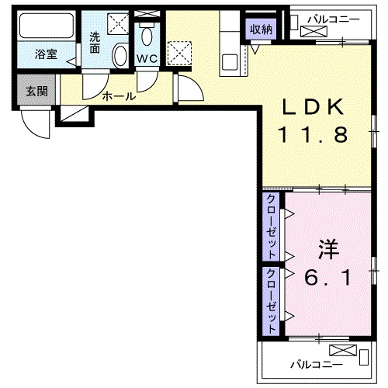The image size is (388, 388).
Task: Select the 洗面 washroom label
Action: pyautogui.click(x=95, y=42)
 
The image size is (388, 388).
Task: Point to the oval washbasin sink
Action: pyautogui.click(x=120, y=56)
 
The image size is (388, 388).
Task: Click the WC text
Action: pyautogui.click(x=147, y=60)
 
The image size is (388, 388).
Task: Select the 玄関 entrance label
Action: pyautogui.click(x=36, y=91)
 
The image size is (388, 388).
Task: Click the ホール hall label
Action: pyautogui.click(x=119, y=96)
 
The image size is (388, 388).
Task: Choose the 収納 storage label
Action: pyautogui.click(x=260, y=29)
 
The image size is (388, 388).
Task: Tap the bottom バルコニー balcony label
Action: pyautogui.click(x=314, y=362)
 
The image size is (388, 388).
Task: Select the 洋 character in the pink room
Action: pyautogui.click(x=329, y=251)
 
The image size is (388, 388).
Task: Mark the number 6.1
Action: pyautogui.click(x=330, y=277)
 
